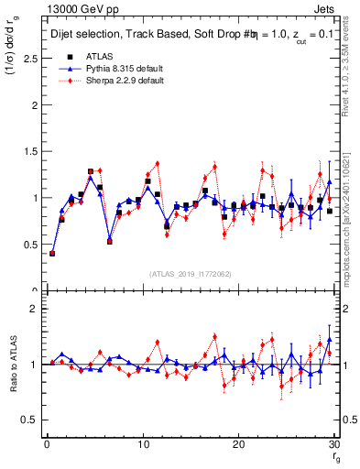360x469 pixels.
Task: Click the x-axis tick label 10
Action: click(142, 444)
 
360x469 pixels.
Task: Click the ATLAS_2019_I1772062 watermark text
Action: click(189, 274)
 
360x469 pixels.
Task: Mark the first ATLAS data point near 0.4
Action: click(52, 253)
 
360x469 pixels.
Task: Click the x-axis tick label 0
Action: click(47, 444)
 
